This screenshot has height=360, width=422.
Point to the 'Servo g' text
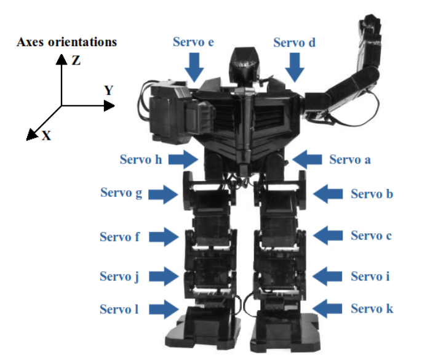121,193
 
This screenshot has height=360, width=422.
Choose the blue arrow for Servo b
327,194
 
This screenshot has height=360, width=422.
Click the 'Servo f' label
121,236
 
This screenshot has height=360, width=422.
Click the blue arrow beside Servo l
162,309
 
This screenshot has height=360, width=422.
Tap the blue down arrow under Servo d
294,66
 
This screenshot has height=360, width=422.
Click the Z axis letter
74,60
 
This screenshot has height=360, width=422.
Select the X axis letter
46,136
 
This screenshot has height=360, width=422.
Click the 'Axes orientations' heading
67,42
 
